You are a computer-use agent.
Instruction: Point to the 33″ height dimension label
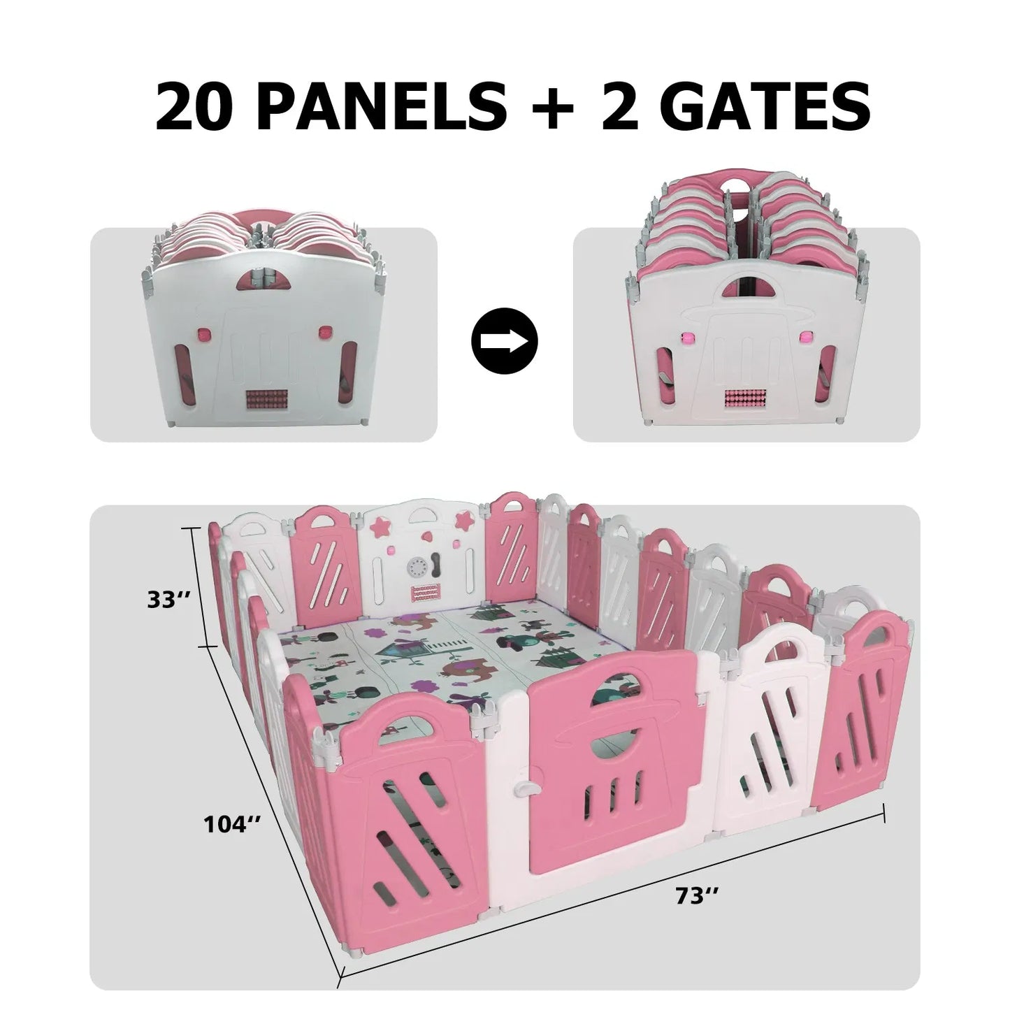[165, 600]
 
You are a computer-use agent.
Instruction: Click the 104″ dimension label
[232, 824]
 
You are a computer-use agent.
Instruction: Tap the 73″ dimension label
[693, 896]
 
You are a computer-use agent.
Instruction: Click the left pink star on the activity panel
[383, 523]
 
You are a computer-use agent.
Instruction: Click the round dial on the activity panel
[419, 568]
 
